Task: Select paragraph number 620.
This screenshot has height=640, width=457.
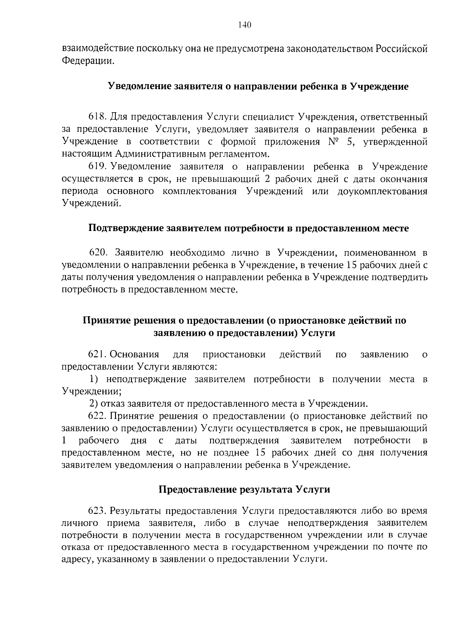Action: (x=99, y=253)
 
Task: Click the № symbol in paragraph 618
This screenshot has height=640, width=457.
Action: (x=333, y=142)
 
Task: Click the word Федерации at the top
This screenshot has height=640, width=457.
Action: (x=87, y=61)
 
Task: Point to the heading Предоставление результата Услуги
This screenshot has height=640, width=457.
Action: (x=244, y=489)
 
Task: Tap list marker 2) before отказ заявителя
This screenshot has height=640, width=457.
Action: (x=94, y=404)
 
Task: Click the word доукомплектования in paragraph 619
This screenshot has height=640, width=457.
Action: (x=382, y=191)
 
